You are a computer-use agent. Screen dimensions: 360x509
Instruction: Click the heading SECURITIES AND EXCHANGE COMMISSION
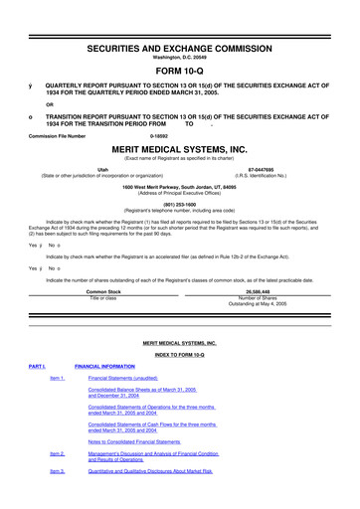pyautogui.click(x=179, y=20)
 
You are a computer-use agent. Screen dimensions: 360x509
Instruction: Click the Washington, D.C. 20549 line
pyautogui.click(x=179, y=32)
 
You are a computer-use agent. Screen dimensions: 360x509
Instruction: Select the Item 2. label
pyautogui.click(x=57, y=453)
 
